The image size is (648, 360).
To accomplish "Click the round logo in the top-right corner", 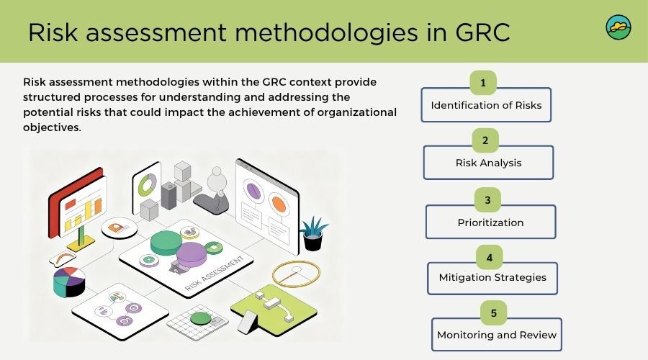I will click(x=618, y=27).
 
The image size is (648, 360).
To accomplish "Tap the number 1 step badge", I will click(x=482, y=83).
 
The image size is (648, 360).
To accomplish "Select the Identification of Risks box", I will click(x=486, y=105).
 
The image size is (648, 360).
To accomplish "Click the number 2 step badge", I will click(x=485, y=140).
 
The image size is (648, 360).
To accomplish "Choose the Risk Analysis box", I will click(x=488, y=163).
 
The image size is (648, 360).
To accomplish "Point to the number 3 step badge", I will click(x=487, y=199).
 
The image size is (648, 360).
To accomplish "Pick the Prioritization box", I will click(x=490, y=222).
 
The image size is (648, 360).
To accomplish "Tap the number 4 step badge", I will click(x=490, y=257).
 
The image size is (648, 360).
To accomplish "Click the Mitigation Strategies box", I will click(x=492, y=277).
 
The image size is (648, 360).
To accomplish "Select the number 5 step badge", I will click(x=493, y=313).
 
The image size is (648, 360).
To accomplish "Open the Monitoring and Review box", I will click(x=496, y=335).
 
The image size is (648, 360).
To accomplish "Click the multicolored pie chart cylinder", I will click(x=69, y=282).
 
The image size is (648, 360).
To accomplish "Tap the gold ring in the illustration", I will click(x=296, y=273).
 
